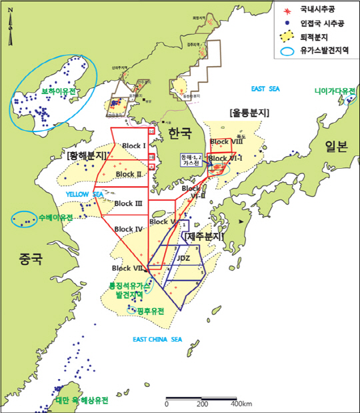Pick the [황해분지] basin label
(x=87, y=155)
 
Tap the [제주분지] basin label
(x=205, y=236)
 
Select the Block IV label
(x=129, y=229)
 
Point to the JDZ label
(x=183, y=257)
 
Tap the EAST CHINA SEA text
(x=157, y=340)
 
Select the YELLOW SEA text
(x=84, y=194)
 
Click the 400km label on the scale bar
(x=241, y=404)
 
